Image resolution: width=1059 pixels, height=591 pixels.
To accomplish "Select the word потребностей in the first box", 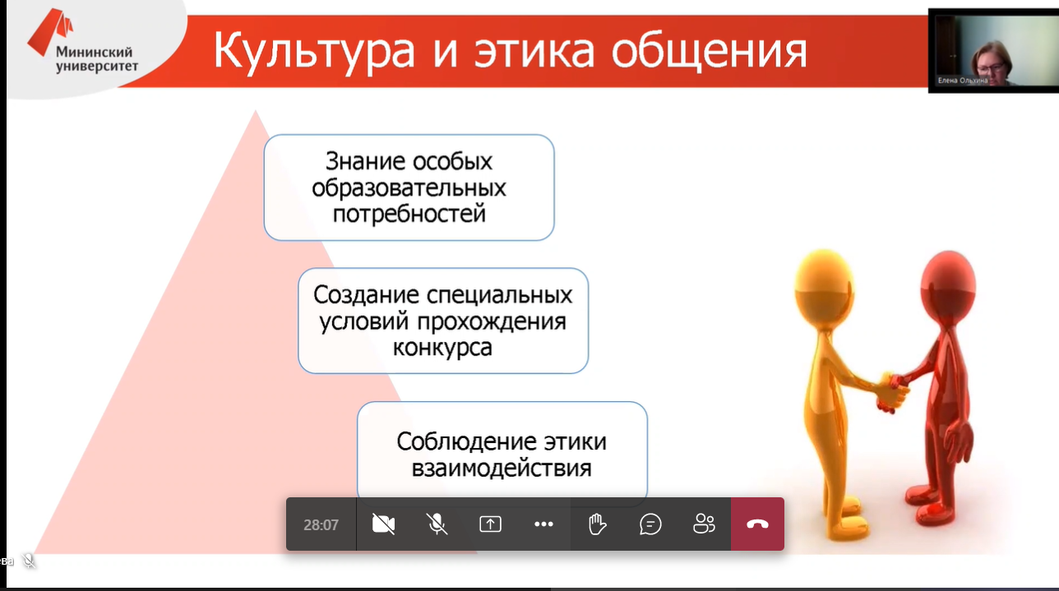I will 409,214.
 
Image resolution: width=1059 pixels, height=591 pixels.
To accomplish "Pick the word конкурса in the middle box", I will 442,347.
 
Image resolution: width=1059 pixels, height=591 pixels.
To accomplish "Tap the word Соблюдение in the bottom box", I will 466,441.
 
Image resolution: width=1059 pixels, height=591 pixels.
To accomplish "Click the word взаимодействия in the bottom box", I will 502,469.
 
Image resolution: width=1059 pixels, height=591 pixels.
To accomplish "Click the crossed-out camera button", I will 383,524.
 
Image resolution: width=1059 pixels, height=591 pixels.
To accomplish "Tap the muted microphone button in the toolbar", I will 437,524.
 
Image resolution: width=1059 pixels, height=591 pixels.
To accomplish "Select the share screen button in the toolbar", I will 490,524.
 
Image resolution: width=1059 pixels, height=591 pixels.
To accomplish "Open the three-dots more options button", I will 543,524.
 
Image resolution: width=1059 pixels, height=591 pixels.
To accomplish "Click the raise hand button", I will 597,524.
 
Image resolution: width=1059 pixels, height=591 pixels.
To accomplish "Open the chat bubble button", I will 650,524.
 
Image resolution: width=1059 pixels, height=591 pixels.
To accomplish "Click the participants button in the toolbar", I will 704,524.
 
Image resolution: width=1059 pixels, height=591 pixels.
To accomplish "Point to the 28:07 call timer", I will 321,524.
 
